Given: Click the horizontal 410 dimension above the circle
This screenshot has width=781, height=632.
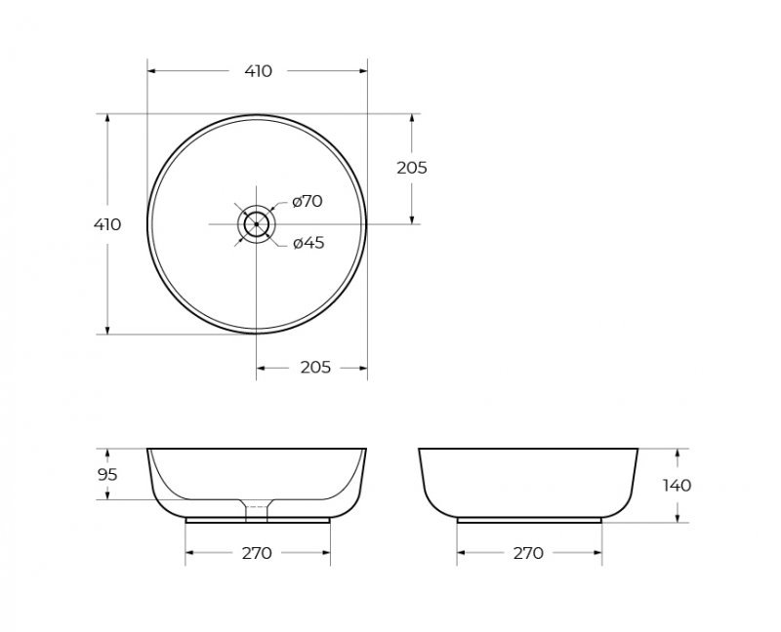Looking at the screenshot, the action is [259, 71].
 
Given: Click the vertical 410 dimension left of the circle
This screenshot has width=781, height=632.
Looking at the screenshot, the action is [107, 224].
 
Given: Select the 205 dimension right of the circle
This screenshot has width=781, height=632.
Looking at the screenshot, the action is [412, 168].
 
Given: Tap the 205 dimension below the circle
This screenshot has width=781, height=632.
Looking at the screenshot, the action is [315, 368].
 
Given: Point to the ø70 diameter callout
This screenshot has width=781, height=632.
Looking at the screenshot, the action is [308, 201].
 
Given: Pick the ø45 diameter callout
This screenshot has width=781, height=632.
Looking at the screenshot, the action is [308, 243].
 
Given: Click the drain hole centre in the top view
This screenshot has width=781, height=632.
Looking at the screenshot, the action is [257, 224].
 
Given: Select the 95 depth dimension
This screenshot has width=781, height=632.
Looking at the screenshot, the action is [107, 475].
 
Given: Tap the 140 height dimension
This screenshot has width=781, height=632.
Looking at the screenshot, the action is [677, 485].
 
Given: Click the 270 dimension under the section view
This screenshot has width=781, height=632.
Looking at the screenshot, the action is [257, 553].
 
